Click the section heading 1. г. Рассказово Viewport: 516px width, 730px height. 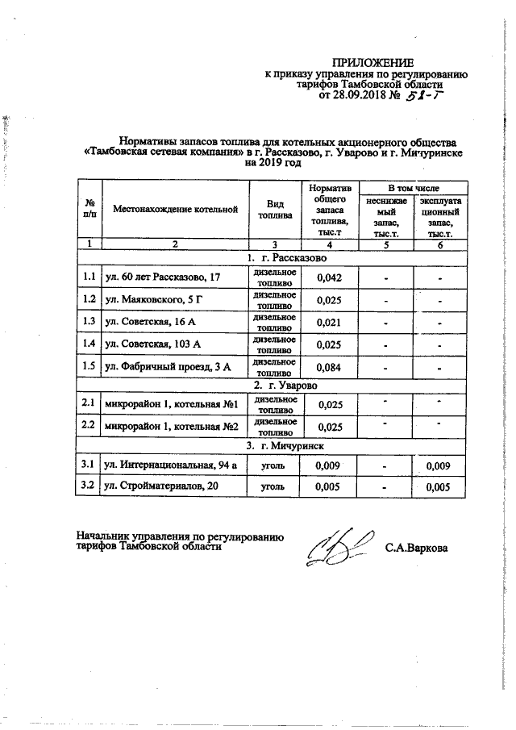click(287, 258)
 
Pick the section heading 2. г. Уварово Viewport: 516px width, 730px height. click(287, 386)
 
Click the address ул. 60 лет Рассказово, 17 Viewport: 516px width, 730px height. click(163, 278)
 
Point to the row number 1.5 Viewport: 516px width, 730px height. click(89, 367)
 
